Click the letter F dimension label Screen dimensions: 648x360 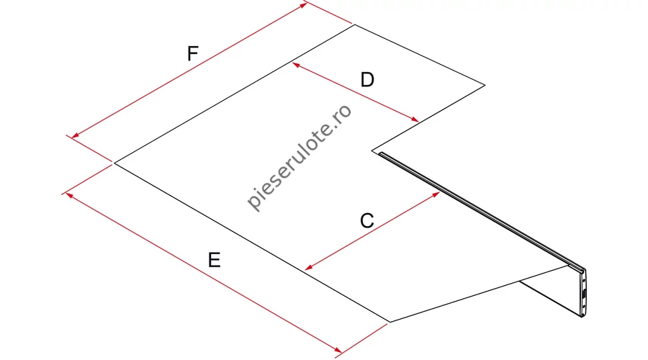click(x=192, y=54)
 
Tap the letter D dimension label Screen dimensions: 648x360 click(x=367, y=79)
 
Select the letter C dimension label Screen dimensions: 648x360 click(x=366, y=221)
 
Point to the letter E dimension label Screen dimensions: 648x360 click(x=214, y=261)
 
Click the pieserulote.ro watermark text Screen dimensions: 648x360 click(x=300, y=157)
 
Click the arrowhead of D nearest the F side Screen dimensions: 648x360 click(x=295, y=65)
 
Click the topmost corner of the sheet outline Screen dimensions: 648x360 click(x=354, y=24)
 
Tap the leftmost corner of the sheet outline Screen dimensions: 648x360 click(x=114, y=163)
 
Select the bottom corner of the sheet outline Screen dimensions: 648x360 click(x=390, y=322)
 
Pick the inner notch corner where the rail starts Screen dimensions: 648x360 click(x=372, y=151)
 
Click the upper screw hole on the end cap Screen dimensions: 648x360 click(x=583, y=281)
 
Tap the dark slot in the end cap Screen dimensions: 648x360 click(x=583, y=294)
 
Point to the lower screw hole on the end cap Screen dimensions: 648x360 click(x=583, y=307)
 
